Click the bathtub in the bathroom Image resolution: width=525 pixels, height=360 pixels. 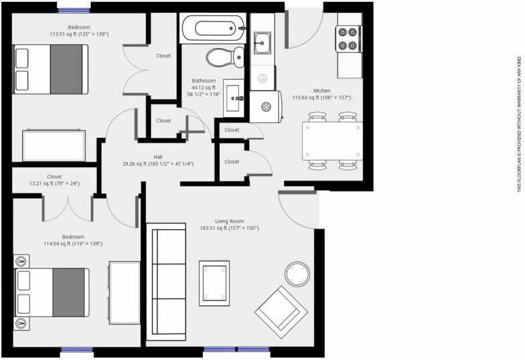[x=213, y=28]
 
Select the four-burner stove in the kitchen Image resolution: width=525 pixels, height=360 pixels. [x=348, y=39]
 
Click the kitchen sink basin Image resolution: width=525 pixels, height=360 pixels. [x=262, y=43]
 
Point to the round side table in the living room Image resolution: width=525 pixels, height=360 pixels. [x=297, y=274]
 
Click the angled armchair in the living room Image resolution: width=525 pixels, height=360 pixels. [x=281, y=312]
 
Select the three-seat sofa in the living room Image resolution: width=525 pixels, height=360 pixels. [x=166, y=282]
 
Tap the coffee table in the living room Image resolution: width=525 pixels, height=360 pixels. [x=214, y=283]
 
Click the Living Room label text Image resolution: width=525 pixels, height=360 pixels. [x=229, y=221]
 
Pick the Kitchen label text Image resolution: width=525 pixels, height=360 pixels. [x=321, y=91]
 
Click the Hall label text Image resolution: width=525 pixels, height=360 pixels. [x=158, y=157]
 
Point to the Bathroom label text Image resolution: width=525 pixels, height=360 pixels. [x=204, y=80]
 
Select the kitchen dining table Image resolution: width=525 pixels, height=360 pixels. [x=332, y=141]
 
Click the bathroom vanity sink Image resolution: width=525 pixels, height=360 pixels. [x=234, y=98]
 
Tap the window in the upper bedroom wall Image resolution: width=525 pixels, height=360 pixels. [x=74, y=11]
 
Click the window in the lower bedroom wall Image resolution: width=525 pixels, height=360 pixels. [x=76, y=349]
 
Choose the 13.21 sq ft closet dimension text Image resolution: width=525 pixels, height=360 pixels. [x=55, y=183]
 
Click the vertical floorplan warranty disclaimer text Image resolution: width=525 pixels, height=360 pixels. [x=520, y=124]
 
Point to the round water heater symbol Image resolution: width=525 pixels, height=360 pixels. [x=267, y=107]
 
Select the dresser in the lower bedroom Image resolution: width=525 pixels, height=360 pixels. [x=125, y=293]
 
